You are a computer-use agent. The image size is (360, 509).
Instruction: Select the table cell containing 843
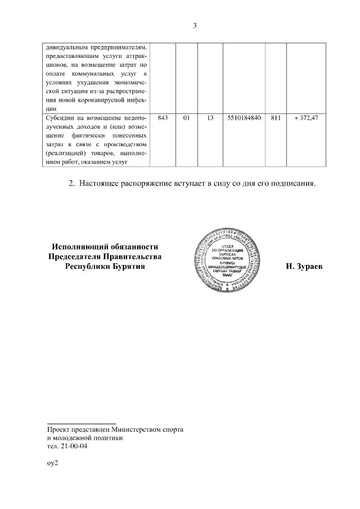point(164,118)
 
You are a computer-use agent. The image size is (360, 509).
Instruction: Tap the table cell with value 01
point(186,118)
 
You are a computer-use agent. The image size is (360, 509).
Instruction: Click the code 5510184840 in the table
point(244,118)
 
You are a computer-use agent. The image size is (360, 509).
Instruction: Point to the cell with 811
point(275,118)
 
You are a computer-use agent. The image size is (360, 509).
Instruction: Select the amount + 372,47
point(306,118)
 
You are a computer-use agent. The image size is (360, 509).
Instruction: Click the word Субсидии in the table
point(61,118)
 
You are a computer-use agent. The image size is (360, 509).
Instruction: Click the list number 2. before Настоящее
point(71,183)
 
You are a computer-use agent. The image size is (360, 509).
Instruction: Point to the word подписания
point(294,183)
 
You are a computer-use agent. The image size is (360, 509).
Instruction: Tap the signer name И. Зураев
point(304,267)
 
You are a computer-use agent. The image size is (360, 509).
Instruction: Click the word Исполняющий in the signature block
point(79,246)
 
